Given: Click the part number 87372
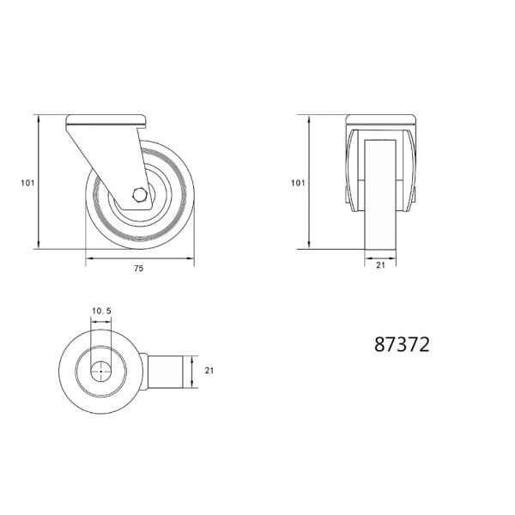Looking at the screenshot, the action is tap(402, 344).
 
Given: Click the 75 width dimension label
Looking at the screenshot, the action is tap(139, 269).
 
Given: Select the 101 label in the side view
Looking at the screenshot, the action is tap(27, 183).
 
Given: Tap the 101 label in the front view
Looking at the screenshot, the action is tap(298, 183).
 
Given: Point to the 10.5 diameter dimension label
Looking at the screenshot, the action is tap(101, 311).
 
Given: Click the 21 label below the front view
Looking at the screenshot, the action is tap(380, 265).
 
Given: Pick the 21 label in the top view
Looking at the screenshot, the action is tap(209, 371).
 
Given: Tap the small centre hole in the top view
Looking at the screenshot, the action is tap(100, 372).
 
